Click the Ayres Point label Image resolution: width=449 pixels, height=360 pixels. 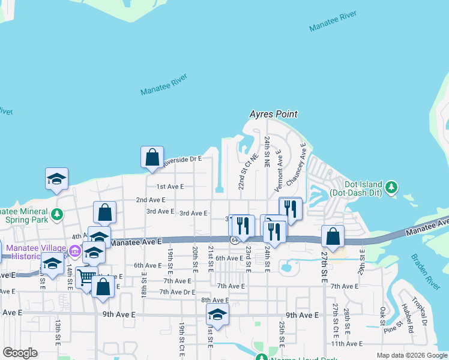(x=274, y=114)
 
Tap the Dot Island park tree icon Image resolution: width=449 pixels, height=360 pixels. (x=391, y=187)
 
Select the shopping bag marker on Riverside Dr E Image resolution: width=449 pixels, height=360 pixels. (x=152, y=157)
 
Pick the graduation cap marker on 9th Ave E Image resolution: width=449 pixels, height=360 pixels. (x=217, y=314)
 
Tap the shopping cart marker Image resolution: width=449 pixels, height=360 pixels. (x=86, y=277)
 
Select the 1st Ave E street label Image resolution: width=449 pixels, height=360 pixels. (x=170, y=187)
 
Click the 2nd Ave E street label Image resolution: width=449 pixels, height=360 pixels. (x=150, y=200)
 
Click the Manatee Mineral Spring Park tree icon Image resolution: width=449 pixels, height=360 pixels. (x=57, y=214)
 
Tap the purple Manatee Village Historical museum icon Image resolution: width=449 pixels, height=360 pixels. (x=75, y=250)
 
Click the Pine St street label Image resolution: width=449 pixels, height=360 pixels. (x=393, y=328)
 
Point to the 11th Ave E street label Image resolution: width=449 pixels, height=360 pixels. (x=349, y=344)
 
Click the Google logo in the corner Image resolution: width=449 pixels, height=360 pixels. (x=20, y=352)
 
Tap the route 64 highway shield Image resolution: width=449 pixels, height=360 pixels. (x=233, y=240)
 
